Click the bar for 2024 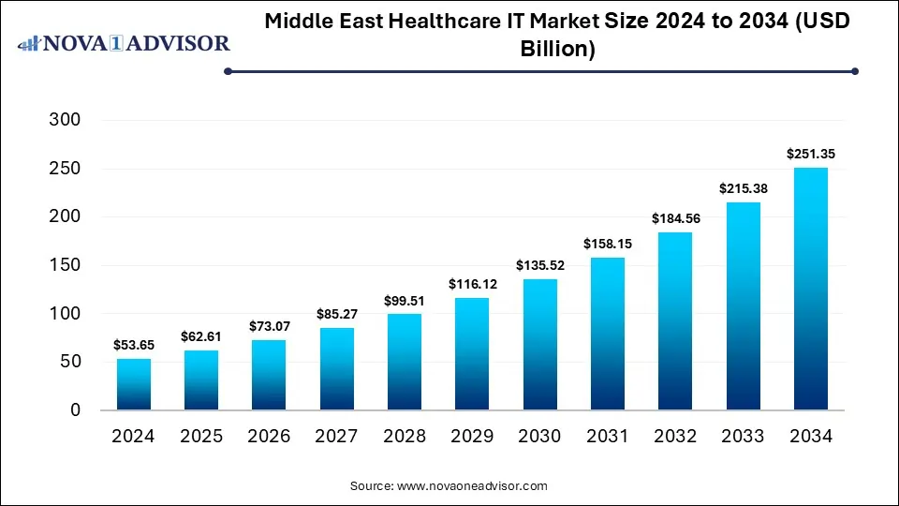point(133,384)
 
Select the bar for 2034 point(811,289)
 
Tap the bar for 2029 point(472,354)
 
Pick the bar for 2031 point(607,334)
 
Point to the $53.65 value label point(133,345)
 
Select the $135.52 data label point(539,265)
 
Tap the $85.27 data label point(336,314)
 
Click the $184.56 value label point(675,218)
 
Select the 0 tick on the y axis point(76,410)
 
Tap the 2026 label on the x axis point(269,437)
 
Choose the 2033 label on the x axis point(743,437)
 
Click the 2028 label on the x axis point(404,437)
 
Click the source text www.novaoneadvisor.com point(473,486)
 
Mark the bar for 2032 point(675,320)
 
